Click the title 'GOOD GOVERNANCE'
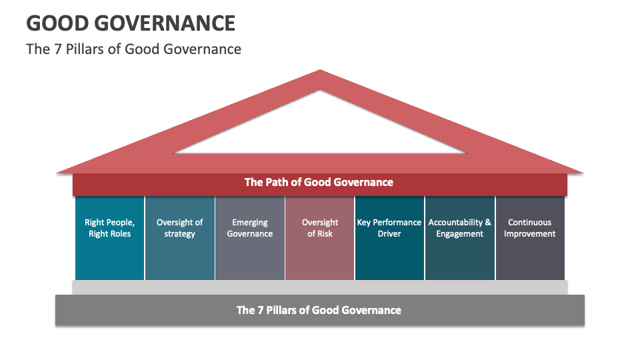pyautogui.click(x=131, y=23)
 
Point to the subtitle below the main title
pyautogui.click(x=133, y=49)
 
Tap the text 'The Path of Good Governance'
pyautogui.click(x=319, y=182)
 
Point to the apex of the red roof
pyautogui.click(x=320, y=72)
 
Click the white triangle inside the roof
pyautogui.click(x=320, y=130)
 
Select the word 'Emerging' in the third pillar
pyautogui.click(x=250, y=223)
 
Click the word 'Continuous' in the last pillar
pyautogui.click(x=530, y=223)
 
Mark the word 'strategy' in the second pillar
pyautogui.click(x=180, y=234)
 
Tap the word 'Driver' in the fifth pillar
pyautogui.click(x=389, y=234)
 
